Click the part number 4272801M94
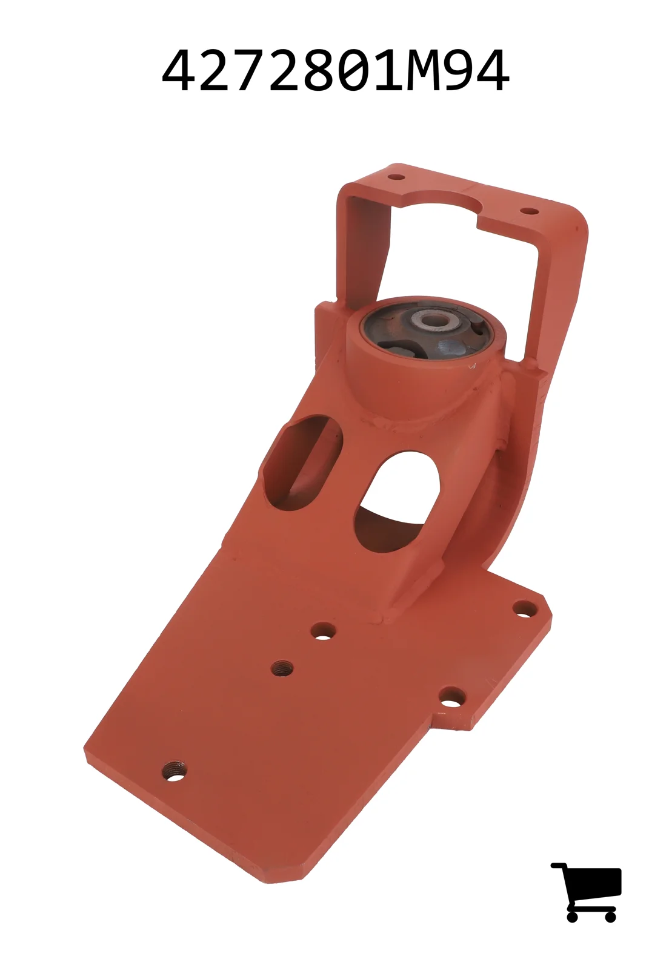335,70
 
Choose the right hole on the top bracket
529,211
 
